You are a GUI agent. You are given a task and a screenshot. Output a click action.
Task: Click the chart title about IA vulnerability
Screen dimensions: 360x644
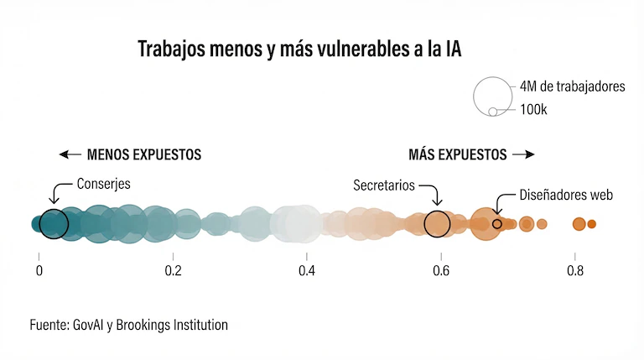pos(299,50)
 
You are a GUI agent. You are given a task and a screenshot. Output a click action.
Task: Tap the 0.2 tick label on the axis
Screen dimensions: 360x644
pos(173,271)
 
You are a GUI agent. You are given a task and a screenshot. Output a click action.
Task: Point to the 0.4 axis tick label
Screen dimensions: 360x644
pos(307,271)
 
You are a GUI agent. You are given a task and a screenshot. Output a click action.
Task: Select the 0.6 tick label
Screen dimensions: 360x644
pos(441,271)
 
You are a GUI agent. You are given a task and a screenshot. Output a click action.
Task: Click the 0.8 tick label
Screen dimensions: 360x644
pos(575,271)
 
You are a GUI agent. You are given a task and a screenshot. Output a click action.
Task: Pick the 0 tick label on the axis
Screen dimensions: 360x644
pos(39,271)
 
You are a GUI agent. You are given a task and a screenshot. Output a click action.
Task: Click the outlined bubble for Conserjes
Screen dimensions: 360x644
pos(54,224)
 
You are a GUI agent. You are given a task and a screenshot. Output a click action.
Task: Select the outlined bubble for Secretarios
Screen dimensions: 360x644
pos(437,224)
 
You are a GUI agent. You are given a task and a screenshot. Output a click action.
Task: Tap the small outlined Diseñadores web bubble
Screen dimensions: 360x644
pos(497,224)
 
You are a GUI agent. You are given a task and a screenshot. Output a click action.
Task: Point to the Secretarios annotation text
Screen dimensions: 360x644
pos(383,185)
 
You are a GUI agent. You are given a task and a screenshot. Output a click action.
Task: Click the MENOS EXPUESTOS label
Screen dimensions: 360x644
pos(144,154)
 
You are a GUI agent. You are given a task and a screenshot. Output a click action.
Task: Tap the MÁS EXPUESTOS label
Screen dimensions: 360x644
pos(457,154)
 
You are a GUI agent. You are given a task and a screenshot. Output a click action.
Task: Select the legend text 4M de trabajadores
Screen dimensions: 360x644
pos(572,86)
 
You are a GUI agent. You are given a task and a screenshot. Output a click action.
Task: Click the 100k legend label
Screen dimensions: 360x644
pos(533,110)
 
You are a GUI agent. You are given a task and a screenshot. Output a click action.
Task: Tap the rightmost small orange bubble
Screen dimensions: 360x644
pos(591,224)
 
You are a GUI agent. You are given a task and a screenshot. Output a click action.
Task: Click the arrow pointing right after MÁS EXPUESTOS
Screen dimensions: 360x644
pos(523,154)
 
